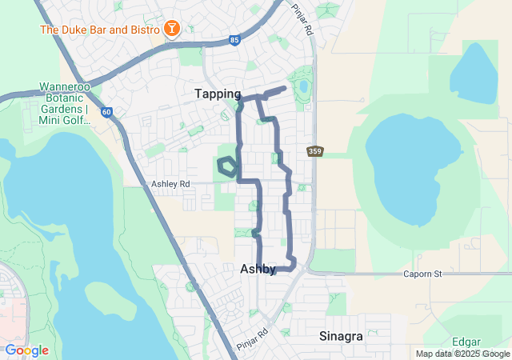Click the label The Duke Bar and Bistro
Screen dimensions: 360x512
point(100,30)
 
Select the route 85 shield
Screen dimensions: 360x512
point(234,38)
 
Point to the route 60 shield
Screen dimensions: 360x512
point(106,112)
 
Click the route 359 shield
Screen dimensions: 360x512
point(315,151)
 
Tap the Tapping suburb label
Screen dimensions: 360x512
point(218,94)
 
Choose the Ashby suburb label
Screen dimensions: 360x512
point(258,270)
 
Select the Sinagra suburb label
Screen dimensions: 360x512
point(341,336)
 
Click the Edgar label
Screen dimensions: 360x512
point(466,341)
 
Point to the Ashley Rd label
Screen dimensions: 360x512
point(171,184)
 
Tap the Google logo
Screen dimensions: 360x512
point(26,350)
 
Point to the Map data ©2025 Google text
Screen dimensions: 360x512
point(462,354)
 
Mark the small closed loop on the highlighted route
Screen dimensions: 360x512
point(227,166)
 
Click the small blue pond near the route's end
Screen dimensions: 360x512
point(303,86)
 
